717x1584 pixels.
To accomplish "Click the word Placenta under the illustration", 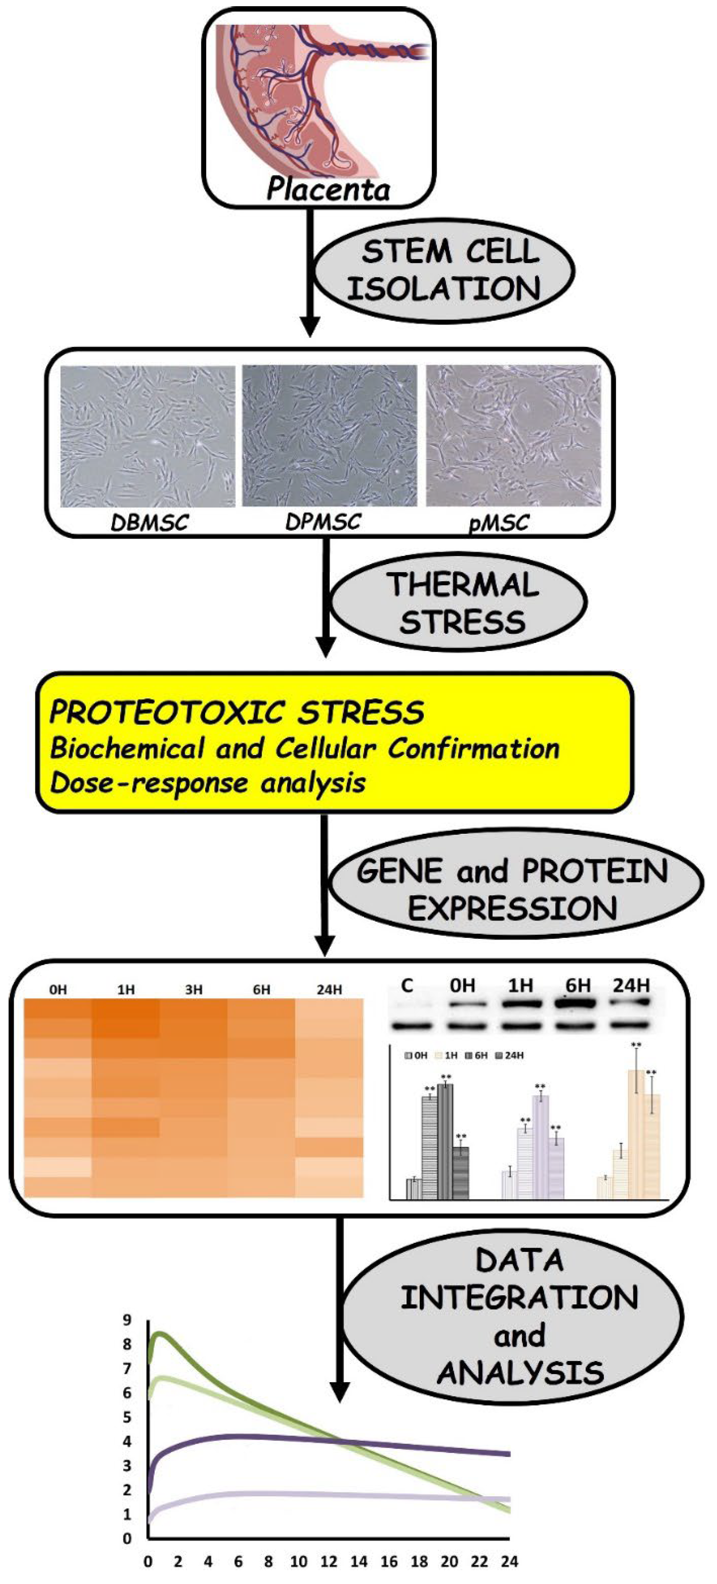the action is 328,189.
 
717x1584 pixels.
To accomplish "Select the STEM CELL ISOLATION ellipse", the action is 445,271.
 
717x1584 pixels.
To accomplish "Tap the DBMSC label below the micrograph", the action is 149,523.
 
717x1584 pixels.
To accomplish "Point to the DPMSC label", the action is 323,522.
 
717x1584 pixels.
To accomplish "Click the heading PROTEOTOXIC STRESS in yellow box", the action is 237,712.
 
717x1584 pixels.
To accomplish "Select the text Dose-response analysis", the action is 208,783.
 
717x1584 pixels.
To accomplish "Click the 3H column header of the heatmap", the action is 194,990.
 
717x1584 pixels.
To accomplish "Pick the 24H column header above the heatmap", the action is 329,990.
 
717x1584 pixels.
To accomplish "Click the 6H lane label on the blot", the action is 578,986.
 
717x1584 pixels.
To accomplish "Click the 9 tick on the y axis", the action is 127,1319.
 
